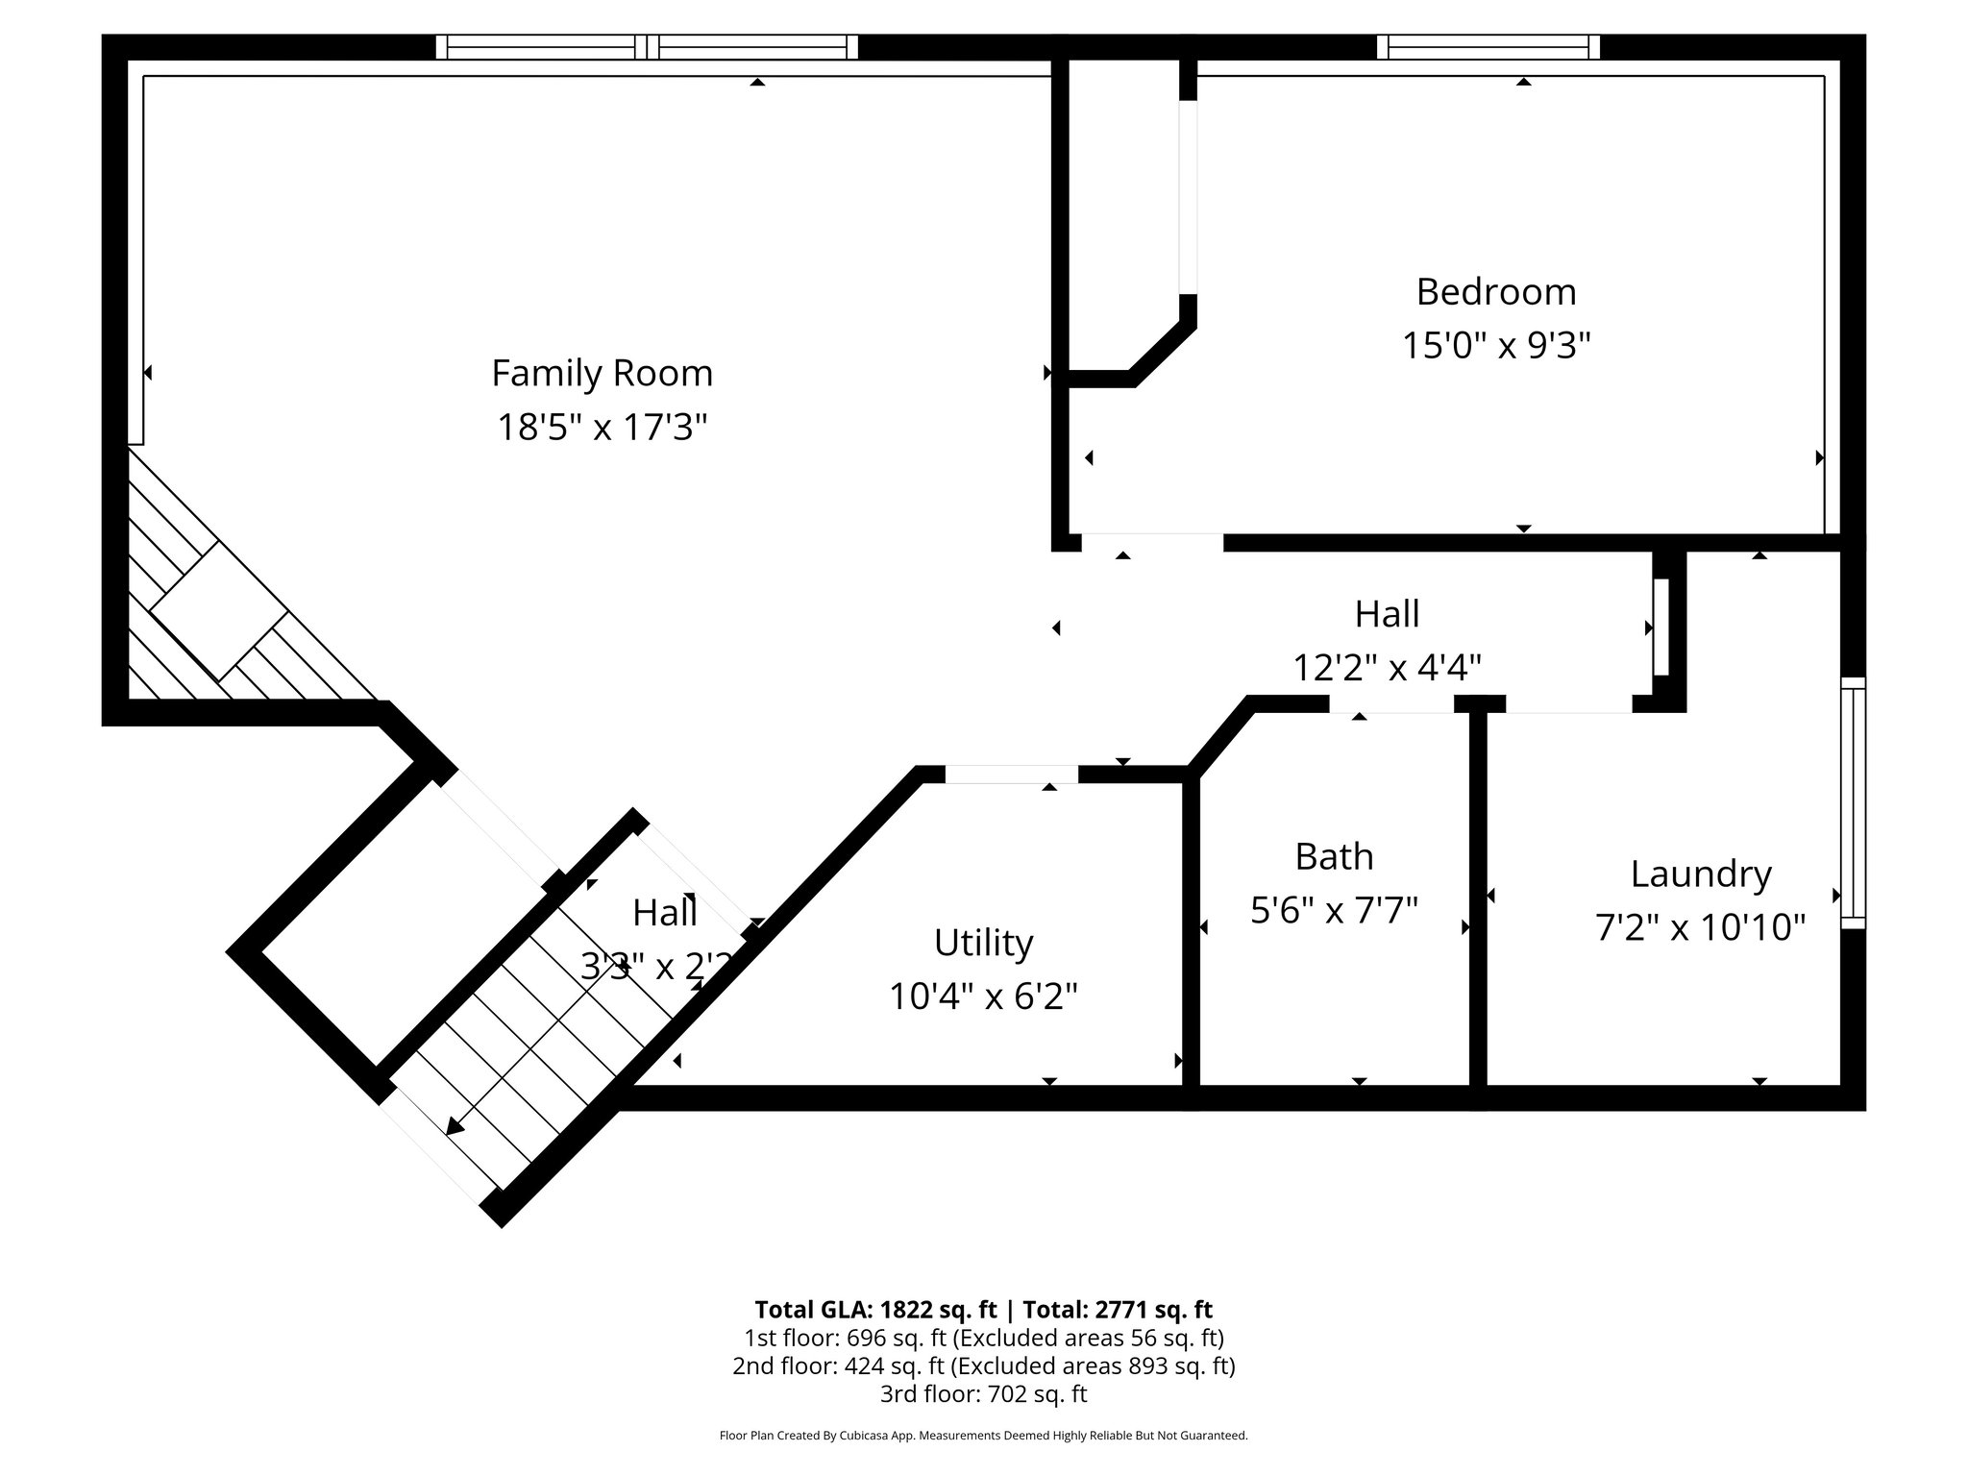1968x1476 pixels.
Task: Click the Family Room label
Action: [x=602, y=373]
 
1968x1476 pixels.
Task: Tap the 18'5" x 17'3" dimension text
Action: [x=602, y=427]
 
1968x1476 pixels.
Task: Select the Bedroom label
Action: [x=1495, y=292]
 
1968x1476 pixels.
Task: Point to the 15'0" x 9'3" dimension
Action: [x=1495, y=345]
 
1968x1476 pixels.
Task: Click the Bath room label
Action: [x=1334, y=856]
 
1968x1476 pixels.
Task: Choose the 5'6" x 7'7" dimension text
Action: [x=1334, y=909]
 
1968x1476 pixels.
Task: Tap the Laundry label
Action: [x=1700, y=873]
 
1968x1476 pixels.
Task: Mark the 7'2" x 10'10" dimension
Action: [x=1700, y=927]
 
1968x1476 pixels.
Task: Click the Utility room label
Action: [x=983, y=943]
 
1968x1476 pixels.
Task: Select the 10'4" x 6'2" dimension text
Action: [x=983, y=996]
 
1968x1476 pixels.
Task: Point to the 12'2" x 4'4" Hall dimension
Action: [x=1387, y=666]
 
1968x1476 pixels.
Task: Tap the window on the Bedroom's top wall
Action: [x=1488, y=47]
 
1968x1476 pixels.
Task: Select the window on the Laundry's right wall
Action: [x=1853, y=802]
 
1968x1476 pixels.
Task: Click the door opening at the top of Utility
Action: [x=1011, y=775]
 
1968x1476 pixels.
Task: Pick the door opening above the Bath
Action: [x=1390, y=704]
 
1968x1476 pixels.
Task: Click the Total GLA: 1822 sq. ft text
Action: [x=877, y=1310]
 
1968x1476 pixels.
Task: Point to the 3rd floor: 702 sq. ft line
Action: [x=983, y=1393]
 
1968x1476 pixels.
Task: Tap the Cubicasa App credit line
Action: [x=983, y=1436]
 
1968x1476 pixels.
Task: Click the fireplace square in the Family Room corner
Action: [x=219, y=611]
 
